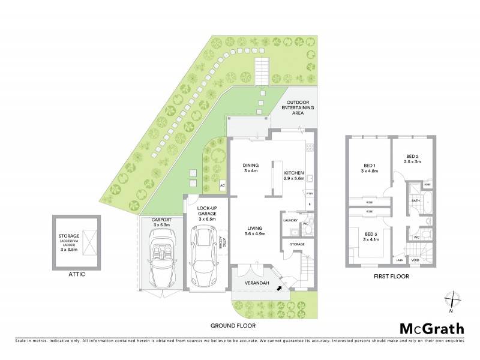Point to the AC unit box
(x=221, y=185)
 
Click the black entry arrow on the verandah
(x=278, y=290)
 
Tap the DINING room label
(x=250, y=169)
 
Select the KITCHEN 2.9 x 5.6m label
(x=295, y=175)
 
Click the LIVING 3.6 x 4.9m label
(x=254, y=231)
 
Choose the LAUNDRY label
(x=290, y=220)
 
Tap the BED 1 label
(x=369, y=169)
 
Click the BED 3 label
(x=368, y=237)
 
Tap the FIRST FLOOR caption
(x=392, y=277)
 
